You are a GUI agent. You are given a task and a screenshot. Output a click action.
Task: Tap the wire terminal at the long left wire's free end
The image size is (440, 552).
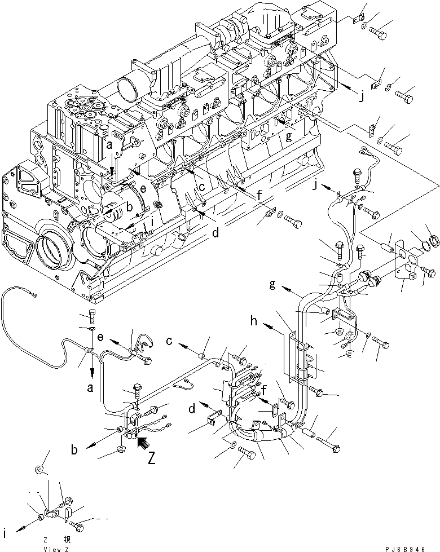coord(35,293)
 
